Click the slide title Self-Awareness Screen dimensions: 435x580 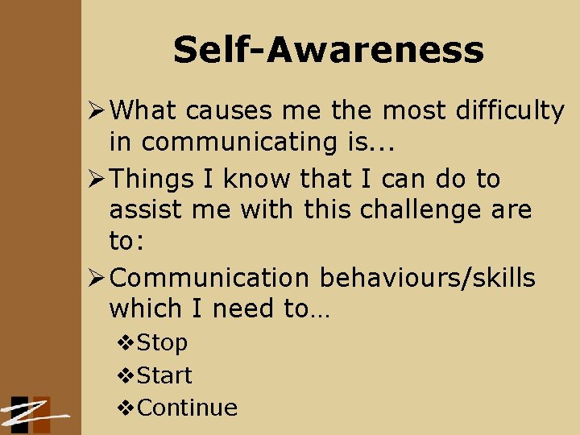click(x=328, y=50)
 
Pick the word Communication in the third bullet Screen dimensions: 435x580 click(x=209, y=278)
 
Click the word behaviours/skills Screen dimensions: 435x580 click(x=428, y=278)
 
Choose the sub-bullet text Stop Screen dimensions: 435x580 click(x=162, y=342)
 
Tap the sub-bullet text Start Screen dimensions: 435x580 click(x=164, y=375)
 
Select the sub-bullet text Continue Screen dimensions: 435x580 click(x=188, y=408)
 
